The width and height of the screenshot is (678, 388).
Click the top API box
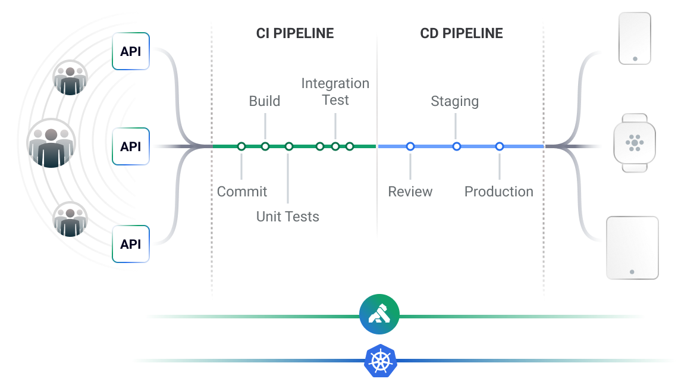pyautogui.click(x=130, y=51)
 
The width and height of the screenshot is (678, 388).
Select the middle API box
pyautogui.click(x=130, y=146)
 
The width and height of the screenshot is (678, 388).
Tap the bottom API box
pyautogui.click(x=130, y=244)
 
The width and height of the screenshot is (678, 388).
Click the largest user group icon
pyautogui.click(x=51, y=143)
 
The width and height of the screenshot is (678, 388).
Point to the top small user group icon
pyautogui.click(x=70, y=78)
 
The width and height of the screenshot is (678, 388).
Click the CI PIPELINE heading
pyautogui.click(x=295, y=33)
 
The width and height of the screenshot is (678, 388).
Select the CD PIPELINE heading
pyautogui.click(x=462, y=33)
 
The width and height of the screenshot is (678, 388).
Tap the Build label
pyautogui.click(x=265, y=101)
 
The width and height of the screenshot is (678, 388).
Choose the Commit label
pyautogui.click(x=242, y=192)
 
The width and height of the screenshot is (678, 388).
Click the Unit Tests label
pyautogui.click(x=288, y=217)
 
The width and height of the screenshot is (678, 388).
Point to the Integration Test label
pyautogui.click(x=335, y=92)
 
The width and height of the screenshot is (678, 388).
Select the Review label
pyautogui.click(x=410, y=192)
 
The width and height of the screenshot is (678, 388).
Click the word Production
pyautogui.click(x=498, y=192)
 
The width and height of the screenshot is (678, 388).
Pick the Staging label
pyautogui.click(x=455, y=101)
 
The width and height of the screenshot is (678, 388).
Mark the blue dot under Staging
pyautogui.click(x=457, y=146)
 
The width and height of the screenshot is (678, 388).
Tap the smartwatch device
pyautogui.click(x=635, y=143)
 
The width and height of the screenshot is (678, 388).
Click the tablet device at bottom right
pyautogui.click(x=632, y=248)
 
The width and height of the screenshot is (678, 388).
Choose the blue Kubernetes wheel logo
pyautogui.click(x=381, y=361)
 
